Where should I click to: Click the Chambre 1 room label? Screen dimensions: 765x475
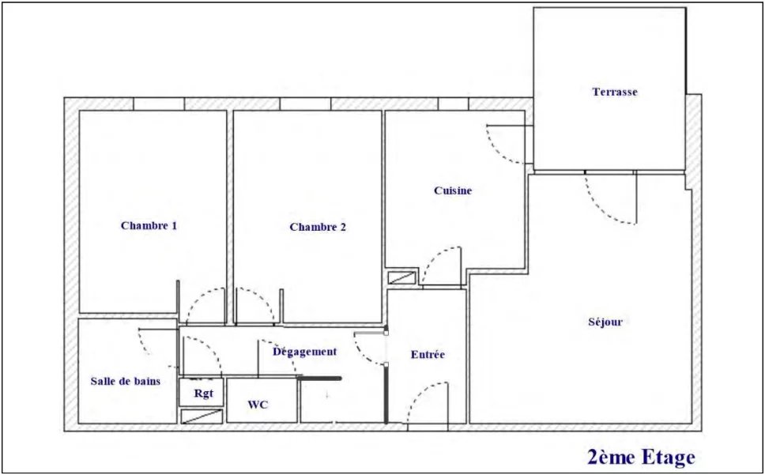pyautogui.click(x=149, y=226)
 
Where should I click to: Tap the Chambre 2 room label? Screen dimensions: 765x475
pyautogui.click(x=318, y=228)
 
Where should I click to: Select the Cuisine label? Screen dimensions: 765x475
pyautogui.click(x=453, y=190)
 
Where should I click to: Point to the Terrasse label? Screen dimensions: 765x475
pyautogui.click(x=615, y=92)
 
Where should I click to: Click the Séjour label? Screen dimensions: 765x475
pyautogui.click(x=605, y=322)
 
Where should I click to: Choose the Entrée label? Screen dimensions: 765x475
pyautogui.click(x=428, y=355)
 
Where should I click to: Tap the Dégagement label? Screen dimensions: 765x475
pyautogui.click(x=305, y=352)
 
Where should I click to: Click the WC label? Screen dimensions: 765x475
pyautogui.click(x=258, y=405)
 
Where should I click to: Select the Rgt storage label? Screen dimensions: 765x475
pyautogui.click(x=203, y=394)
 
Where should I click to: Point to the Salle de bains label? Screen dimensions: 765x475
pyautogui.click(x=126, y=382)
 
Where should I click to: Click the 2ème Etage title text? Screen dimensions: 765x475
pyautogui.click(x=641, y=458)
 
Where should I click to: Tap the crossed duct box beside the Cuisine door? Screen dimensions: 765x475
pyautogui.click(x=401, y=277)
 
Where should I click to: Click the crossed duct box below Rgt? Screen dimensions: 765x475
pyautogui.click(x=202, y=416)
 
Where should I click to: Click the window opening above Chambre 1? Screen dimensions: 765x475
pyautogui.click(x=159, y=104)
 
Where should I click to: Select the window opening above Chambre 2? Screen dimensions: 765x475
pyautogui.click(x=305, y=104)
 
